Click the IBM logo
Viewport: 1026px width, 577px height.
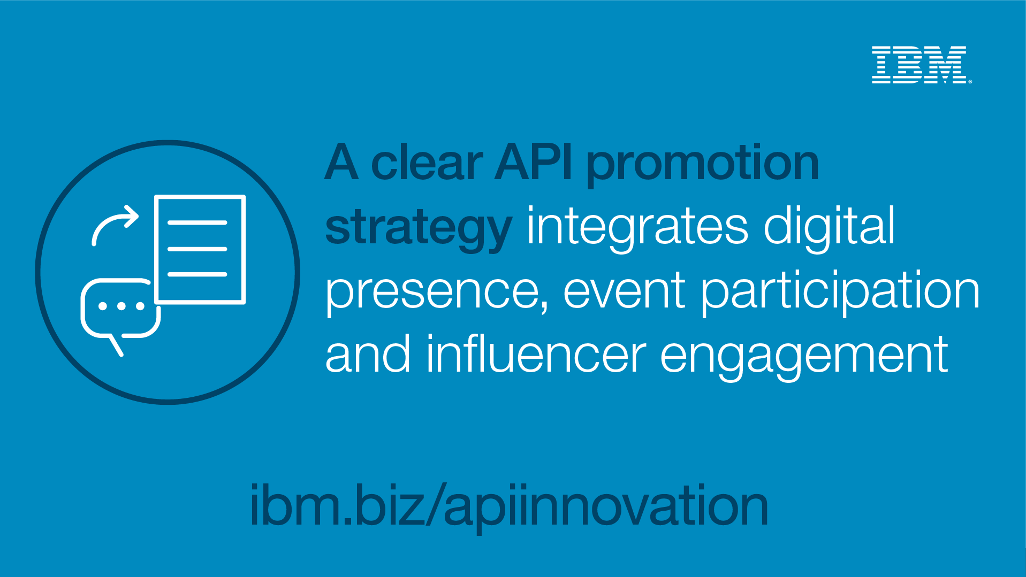point(922,65)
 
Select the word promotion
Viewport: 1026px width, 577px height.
point(703,166)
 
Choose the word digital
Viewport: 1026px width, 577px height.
point(829,227)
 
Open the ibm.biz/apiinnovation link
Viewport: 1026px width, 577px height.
point(509,506)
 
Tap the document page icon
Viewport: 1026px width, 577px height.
point(200,249)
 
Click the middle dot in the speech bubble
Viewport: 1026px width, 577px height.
point(121,306)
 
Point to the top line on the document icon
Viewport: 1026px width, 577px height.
point(197,222)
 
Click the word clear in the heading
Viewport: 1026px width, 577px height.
point(427,163)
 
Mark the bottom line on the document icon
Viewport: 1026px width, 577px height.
point(197,274)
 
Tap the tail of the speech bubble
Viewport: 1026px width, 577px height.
point(116,345)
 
